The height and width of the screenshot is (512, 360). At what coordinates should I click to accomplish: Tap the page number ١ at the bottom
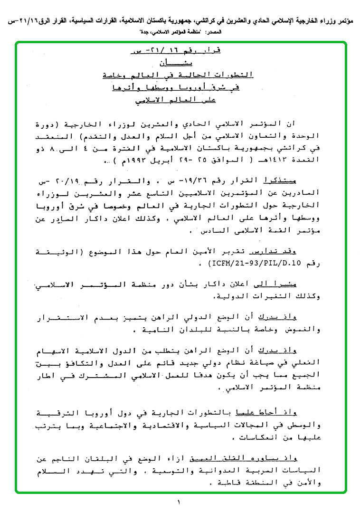coord(180,502)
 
